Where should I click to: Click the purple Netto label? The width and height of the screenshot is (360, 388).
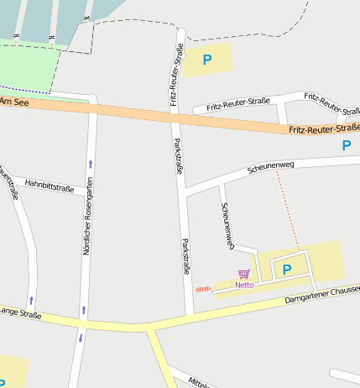244,285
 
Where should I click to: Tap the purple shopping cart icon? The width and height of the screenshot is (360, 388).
243,274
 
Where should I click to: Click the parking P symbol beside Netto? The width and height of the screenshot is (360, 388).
286,270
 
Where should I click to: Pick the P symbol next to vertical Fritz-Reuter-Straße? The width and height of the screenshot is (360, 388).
206,60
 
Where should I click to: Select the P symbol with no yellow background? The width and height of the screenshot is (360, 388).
347,145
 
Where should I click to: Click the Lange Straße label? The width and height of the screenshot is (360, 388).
20,313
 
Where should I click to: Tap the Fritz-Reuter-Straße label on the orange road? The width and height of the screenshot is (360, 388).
324,128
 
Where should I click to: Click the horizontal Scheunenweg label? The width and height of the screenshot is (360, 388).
271,167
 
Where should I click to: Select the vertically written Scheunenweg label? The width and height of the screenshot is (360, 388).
226,224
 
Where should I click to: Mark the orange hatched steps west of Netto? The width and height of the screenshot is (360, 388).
203,289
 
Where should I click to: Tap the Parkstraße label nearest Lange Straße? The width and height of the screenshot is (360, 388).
186,258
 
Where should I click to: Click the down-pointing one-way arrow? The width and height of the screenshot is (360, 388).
81,338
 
